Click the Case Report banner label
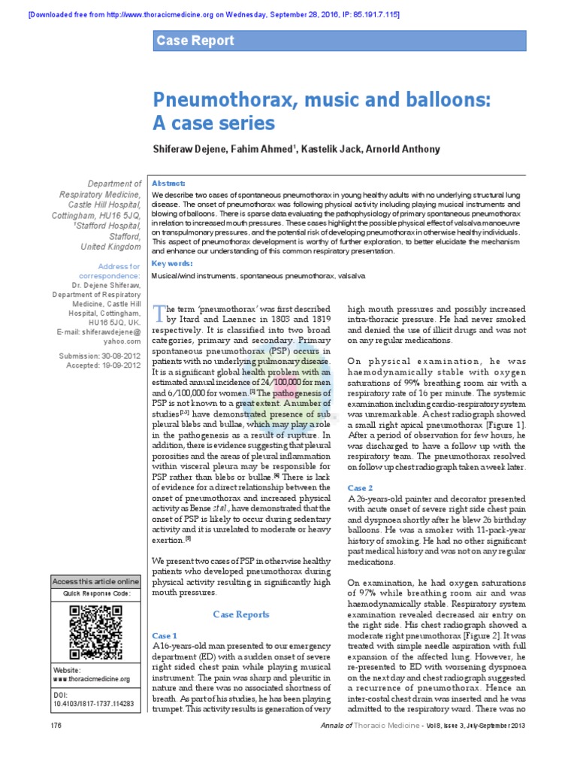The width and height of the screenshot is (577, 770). click(x=195, y=41)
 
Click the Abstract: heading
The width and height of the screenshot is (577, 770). click(x=169, y=183)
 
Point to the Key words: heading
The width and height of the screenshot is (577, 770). click(x=172, y=263)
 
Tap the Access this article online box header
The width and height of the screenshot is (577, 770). click(x=95, y=581)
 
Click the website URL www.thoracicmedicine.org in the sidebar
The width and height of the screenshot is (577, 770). click(x=91, y=679)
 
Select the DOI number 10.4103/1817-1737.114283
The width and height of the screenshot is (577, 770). click(x=93, y=704)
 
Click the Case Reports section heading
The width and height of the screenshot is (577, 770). click(x=240, y=614)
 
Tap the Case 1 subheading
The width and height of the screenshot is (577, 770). click(x=165, y=635)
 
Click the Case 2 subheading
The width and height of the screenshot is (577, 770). click(x=360, y=488)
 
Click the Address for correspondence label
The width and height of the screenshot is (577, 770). click(x=119, y=271)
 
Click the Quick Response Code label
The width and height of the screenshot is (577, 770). click(x=95, y=594)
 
